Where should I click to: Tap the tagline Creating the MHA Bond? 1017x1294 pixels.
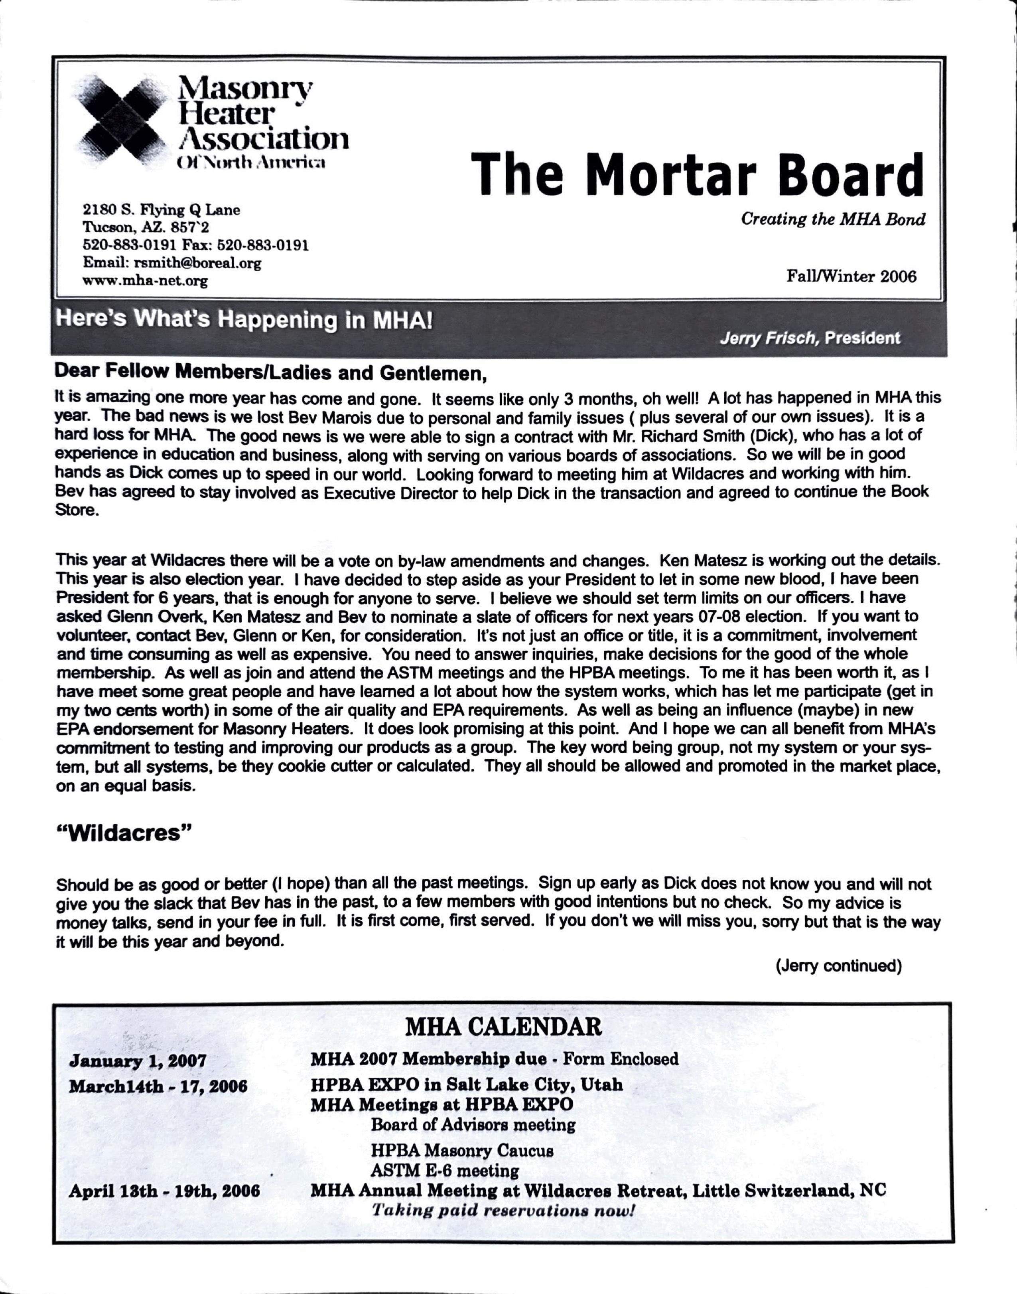[x=832, y=219]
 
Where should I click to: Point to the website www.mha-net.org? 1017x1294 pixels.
[x=145, y=281]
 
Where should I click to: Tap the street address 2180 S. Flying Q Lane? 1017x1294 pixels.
[x=162, y=210]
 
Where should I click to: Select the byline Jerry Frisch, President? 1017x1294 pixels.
[x=809, y=338]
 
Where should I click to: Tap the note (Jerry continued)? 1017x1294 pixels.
[x=838, y=966]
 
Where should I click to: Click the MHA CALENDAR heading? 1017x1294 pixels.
[x=503, y=1027]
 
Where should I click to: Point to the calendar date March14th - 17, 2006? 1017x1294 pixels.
[x=158, y=1086]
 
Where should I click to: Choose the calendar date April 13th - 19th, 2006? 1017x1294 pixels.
[x=164, y=1191]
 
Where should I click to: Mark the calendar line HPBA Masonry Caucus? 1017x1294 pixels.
[x=461, y=1150]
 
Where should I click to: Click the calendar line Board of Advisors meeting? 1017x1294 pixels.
[x=473, y=1125]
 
